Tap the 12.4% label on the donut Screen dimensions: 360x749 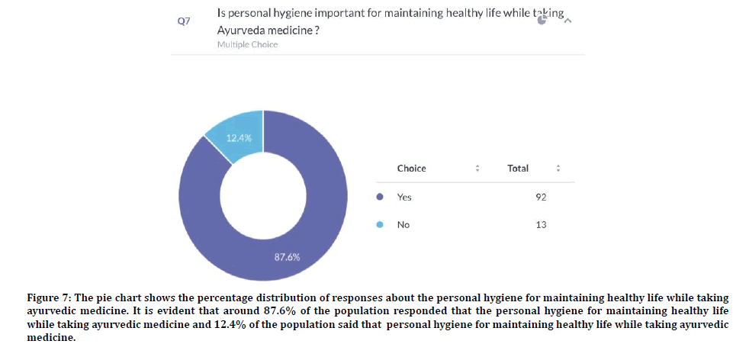click(x=239, y=138)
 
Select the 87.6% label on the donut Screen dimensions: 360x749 click(x=287, y=257)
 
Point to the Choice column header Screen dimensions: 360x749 click(x=411, y=168)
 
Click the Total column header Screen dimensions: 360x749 click(x=518, y=168)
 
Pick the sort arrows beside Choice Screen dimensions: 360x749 click(x=477, y=168)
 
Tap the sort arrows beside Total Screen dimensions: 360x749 click(x=558, y=168)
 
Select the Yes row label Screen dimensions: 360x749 click(x=404, y=197)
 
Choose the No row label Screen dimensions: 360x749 click(x=403, y=225)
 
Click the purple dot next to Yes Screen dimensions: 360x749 click(x=381, y=197)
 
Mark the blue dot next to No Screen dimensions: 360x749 click(x=381, y=225)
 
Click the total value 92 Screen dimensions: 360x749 click(x=541, y=197)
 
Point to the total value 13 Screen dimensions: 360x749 click(x=541, y=225)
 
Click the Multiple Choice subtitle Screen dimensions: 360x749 click(x=247, y=44)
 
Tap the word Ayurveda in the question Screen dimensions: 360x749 click(x=243, y=30)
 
